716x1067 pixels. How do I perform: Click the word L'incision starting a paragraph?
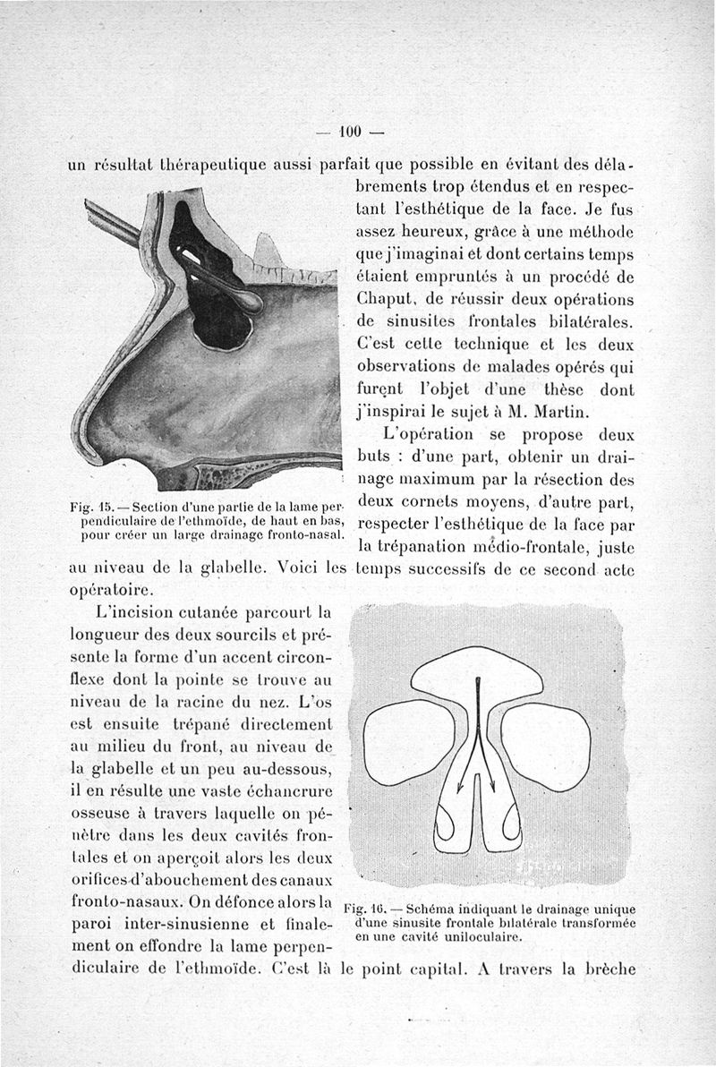[134, 612]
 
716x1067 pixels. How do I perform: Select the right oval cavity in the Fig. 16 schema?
[547, 740]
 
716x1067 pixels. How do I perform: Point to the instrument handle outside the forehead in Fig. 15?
[112, 222]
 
